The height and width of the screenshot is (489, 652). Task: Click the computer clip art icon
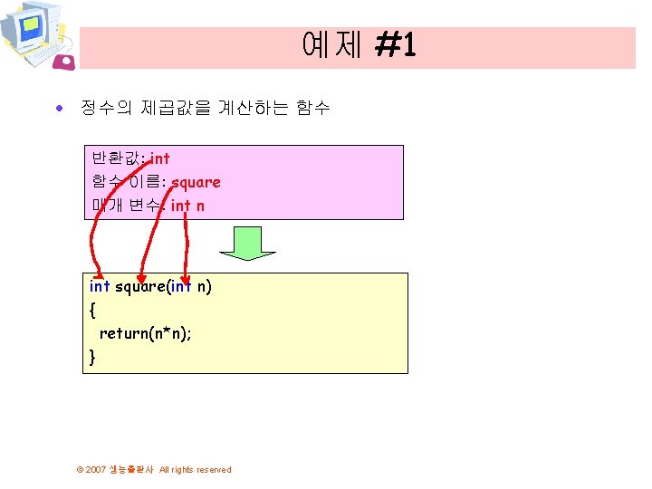coord(34,34)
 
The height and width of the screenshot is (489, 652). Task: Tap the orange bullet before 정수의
coord(60,109)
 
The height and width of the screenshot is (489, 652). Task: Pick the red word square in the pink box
coord(196,182)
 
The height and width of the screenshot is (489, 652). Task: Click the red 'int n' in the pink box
coord(187,206)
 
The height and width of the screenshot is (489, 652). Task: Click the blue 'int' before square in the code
coord(100,286)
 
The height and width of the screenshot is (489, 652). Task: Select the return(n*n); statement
coord(145,333)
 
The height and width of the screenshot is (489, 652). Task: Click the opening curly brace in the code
coord(92,310)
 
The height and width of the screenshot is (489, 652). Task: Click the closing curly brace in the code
coord(92,357)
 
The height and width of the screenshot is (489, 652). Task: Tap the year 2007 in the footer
coord(96,470)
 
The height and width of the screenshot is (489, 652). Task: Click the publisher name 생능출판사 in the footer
coord(131,470)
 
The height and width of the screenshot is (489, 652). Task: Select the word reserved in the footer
coord(213,470)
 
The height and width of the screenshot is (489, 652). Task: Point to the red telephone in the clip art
coord(64,61)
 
